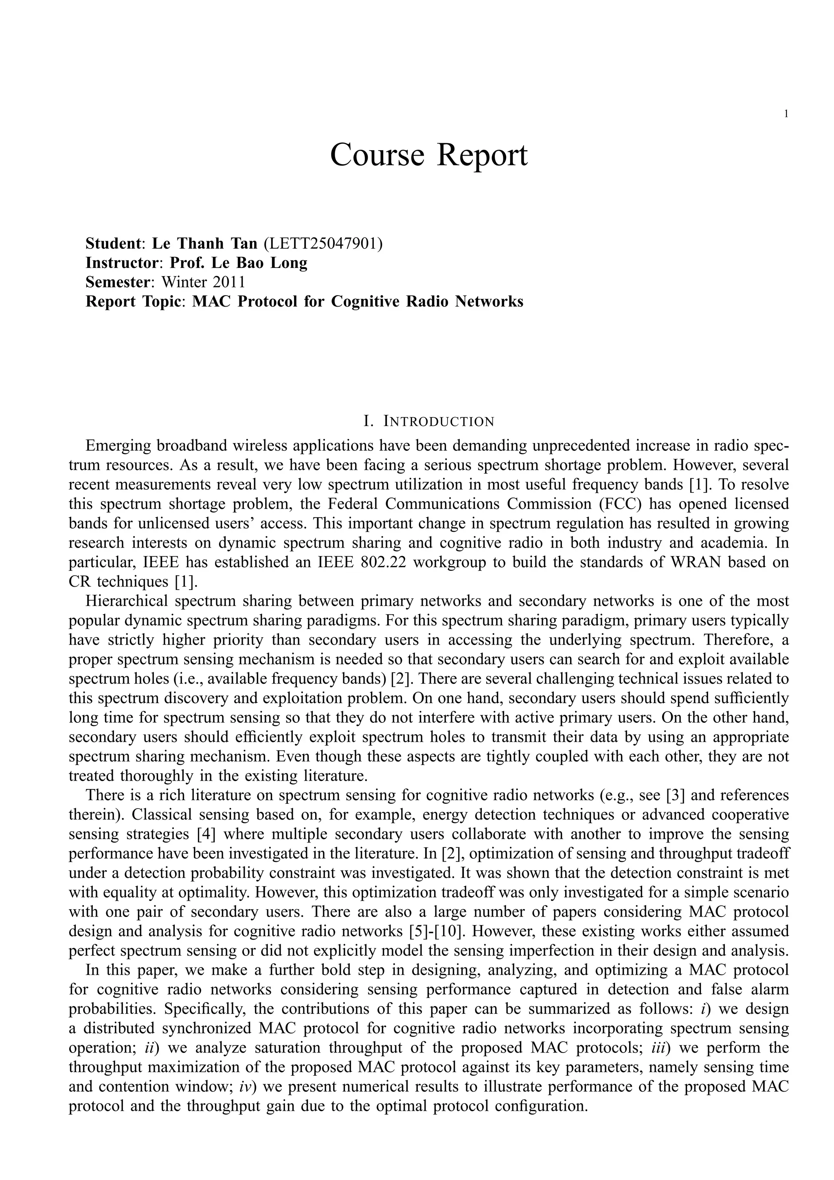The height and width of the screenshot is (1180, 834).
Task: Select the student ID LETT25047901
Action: tap(322, 243)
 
